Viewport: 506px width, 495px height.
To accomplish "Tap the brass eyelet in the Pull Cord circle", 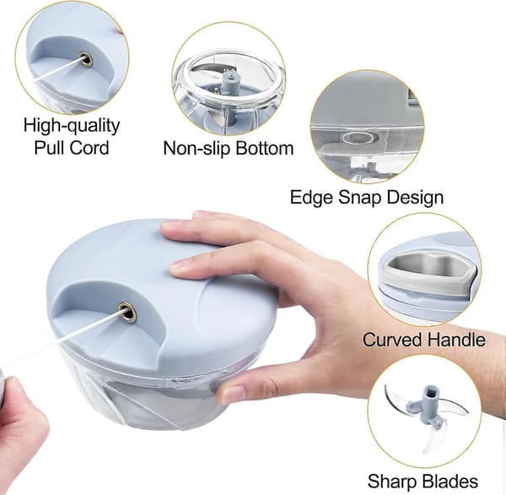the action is [85, 60].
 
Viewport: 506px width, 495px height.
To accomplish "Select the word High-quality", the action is [72, 126].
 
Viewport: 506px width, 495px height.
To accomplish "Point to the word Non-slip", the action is [196, 148].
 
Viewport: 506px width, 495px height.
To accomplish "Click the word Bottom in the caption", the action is [265, 148].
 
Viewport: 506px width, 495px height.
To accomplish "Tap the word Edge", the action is [311, 197].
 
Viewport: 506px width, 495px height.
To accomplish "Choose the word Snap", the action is [359, 198].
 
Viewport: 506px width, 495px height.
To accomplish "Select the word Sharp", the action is [392, 481].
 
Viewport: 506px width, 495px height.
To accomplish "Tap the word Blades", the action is [450, 481].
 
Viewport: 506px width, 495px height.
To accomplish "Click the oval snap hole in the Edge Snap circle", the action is [360, 138].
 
